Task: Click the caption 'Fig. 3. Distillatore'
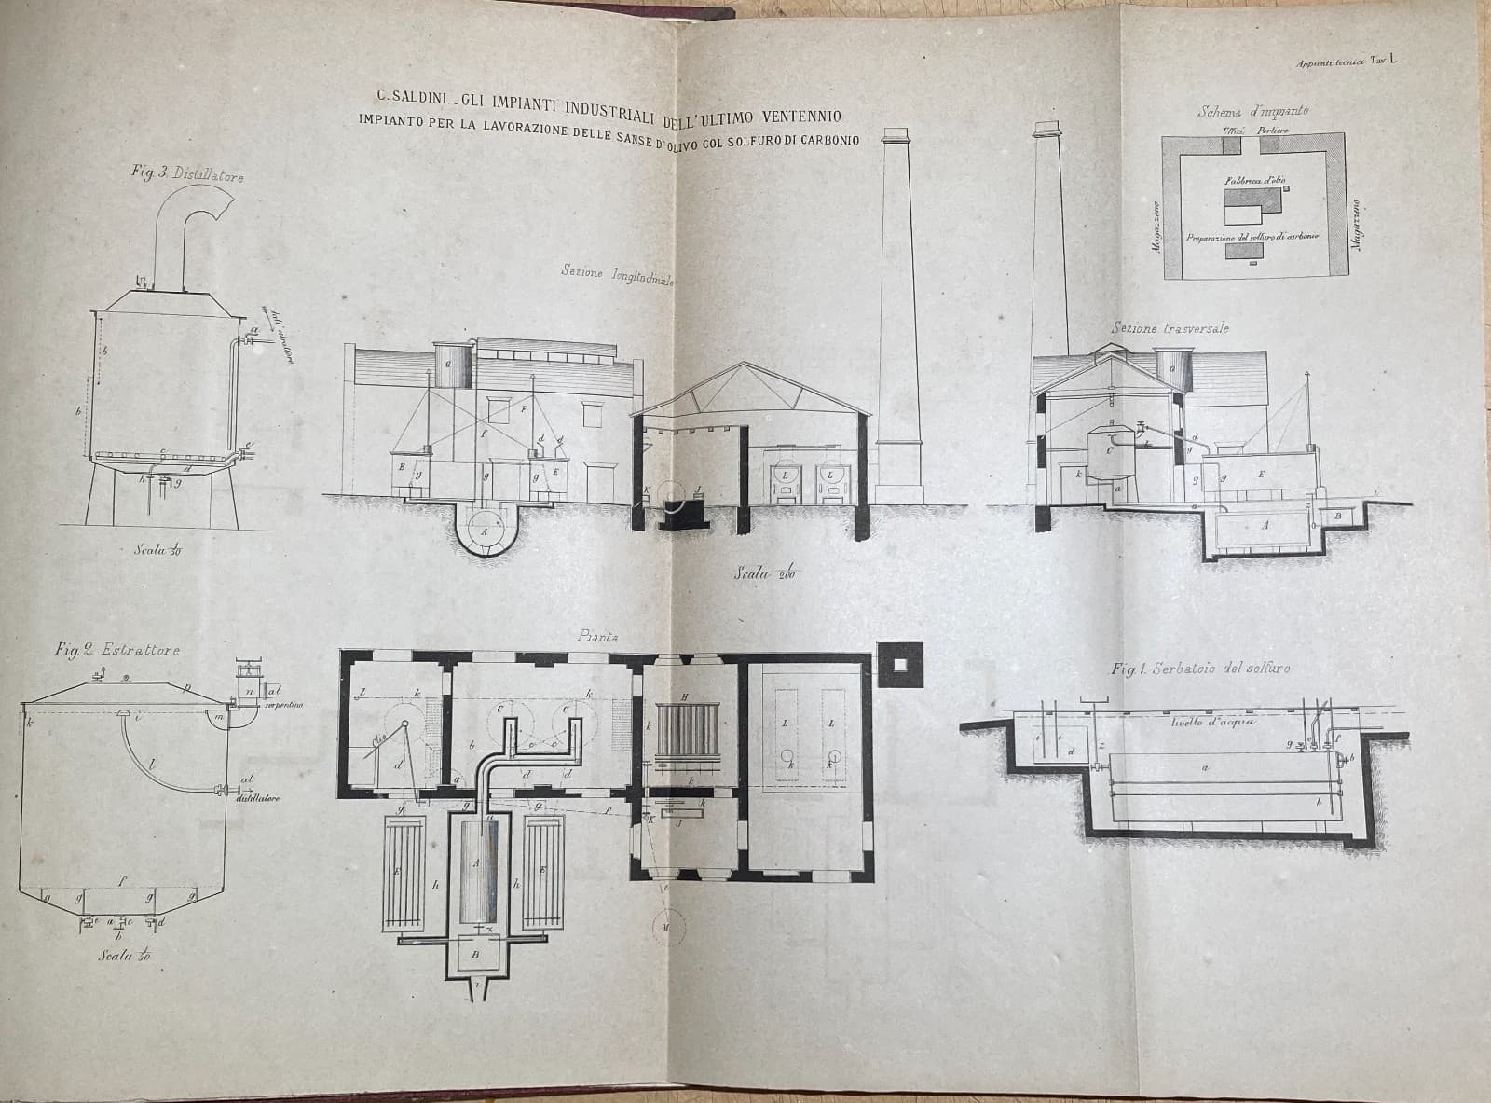click(188, 172)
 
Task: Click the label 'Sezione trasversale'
click(1170, 328)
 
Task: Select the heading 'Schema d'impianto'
click(1252, 111)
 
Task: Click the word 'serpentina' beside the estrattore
click(286, 705)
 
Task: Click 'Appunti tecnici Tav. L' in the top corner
click(1345, 62)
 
